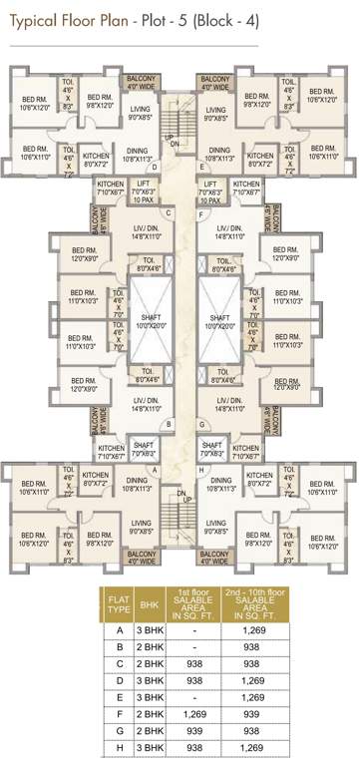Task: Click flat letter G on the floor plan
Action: click(200, 423)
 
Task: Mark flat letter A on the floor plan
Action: click(155, 469)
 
